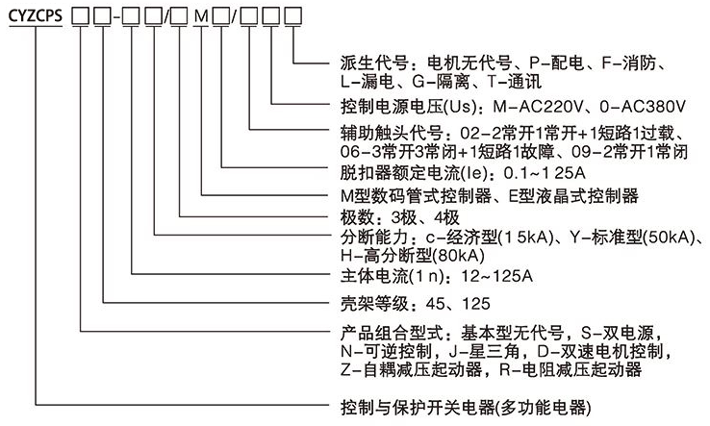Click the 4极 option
pos(450,217)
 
